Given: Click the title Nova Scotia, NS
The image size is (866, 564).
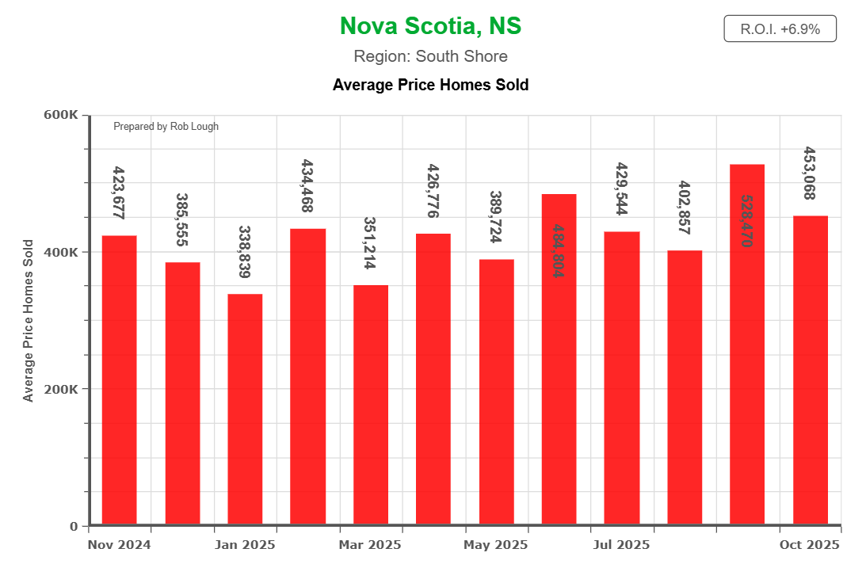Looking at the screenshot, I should click(x=430, y=26).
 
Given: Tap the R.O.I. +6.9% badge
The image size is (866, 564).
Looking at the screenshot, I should click(x=780, y=29).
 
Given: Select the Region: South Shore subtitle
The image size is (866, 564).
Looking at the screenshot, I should click(x=430, y=56).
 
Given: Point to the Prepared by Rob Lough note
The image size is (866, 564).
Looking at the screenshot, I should click(x=166, y=127).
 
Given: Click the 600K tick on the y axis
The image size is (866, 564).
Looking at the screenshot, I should click(x=60, y=115).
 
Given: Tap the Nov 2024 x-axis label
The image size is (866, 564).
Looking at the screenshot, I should click(x=119, y=545).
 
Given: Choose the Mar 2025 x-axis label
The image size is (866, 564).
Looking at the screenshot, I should click(x=370, y=545).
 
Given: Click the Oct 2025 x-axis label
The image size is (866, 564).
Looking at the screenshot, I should click(x=810, y=545).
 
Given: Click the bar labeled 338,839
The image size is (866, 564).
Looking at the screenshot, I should click(x=245, y=409).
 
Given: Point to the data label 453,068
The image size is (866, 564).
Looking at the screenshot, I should click(x=810, y=173).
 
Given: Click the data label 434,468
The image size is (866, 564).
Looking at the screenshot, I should click(x=307, y=186).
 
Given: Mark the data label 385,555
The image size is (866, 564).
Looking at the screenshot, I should click(x=182, y=219).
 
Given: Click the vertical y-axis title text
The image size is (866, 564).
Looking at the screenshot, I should click(x=29, y=320).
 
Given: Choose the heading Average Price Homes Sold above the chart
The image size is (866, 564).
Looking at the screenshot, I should click(x=430, y=84).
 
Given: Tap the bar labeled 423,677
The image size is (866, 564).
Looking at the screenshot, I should click(x=119, y=380).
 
